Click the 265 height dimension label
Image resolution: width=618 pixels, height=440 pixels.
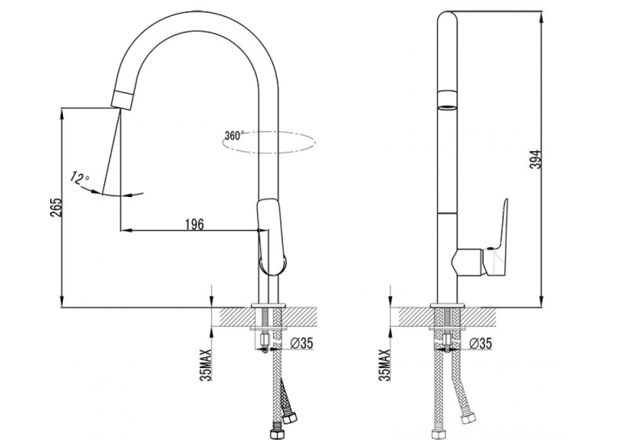[57, 207]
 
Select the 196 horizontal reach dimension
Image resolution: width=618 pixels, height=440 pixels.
[195, 224]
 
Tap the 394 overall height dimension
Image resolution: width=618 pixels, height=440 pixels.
[536, 160]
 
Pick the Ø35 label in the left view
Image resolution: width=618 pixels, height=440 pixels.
[301, 343]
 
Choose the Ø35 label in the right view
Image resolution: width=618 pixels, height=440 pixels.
[481, 343]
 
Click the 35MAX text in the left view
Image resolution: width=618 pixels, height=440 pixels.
[206, 365]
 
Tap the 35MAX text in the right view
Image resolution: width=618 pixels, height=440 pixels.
[385, 365]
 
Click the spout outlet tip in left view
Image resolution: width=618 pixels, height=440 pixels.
[122, 98]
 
